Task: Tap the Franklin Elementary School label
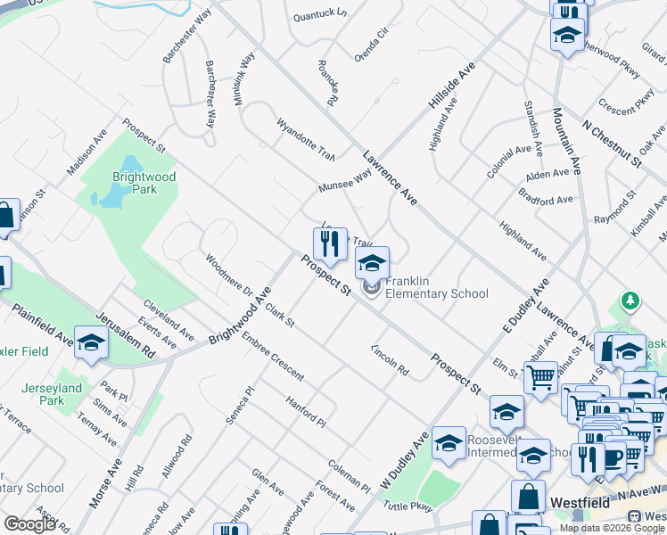(437, 287)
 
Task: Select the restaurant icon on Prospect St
(330, 243)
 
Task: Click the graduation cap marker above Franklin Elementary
(373, 262)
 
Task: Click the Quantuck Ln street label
(319, 13)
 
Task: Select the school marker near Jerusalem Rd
(91, 342)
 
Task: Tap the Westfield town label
(580, 503)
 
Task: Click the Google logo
(29, 523)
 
